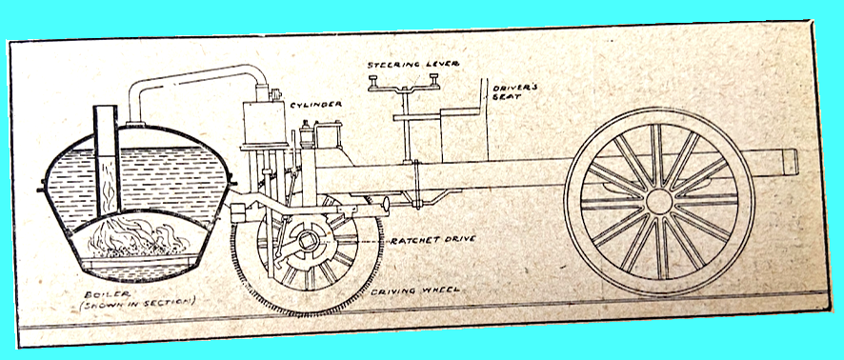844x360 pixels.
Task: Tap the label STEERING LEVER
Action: coord(413,66)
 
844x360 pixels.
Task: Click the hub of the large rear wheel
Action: coord(658,201)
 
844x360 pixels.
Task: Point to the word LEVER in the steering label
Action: coord(441,66)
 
